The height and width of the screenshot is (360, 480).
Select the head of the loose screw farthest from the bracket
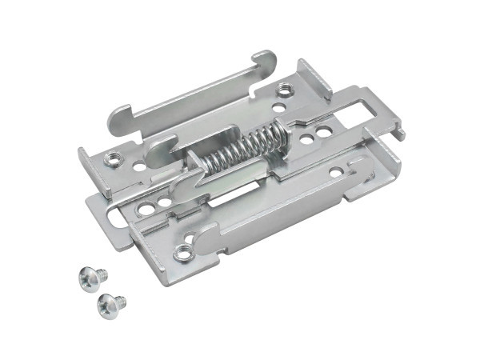pos(107,303)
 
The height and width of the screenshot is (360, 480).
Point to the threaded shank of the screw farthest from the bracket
pos(121,302)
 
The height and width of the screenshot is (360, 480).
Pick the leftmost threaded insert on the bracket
pos(113,158)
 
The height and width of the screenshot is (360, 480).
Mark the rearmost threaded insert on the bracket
pos(286,90)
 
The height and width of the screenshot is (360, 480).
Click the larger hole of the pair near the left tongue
pos(146,210)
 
